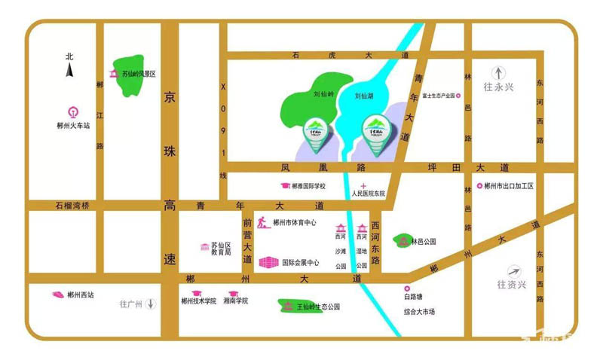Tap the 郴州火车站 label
tap(73, 126)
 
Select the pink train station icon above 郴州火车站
tap(73, 111)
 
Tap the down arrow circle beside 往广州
tap(151, 304)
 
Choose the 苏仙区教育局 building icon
tap(204, 247)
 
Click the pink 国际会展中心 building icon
tap(268, 263)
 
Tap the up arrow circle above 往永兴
tap(497, 70)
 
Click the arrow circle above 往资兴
tap(515, 271)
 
